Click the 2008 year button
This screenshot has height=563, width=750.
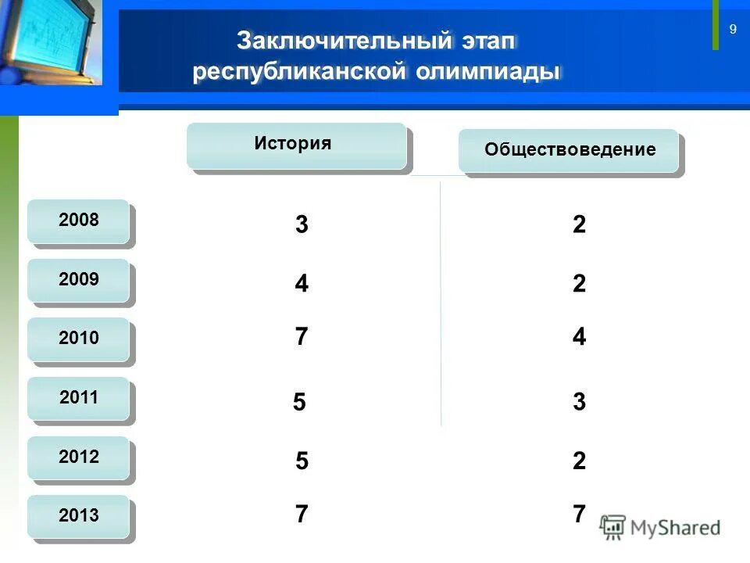tap(78, 221)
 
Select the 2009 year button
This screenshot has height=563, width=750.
tap(78, 280)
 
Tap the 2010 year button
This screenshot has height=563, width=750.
tap(78, 339)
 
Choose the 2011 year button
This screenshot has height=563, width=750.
tap(78, 398)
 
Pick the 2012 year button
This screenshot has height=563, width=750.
tap(78, 457)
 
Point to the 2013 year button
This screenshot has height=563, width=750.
tap(78, 516)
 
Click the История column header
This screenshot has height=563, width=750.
tap(295, 145)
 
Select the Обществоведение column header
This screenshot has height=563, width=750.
tap(569, 150)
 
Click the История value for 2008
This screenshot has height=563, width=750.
tap(302, 225)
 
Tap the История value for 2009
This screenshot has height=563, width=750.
tap(302, 284)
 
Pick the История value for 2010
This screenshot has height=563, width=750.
tap(302, 337)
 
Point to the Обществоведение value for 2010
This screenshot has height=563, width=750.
tap(579, 337)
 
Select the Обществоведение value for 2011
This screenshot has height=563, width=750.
tap(579, 403)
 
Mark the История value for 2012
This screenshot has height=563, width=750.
tap(302, 461)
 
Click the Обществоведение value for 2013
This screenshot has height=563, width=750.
tap(579, 515)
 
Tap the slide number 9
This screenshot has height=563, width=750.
tap(733, 30)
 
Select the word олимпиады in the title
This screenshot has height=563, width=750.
tap(488, 73)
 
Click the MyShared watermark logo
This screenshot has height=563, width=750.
tap(660, 527)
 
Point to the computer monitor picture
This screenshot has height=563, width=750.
tap(51, 43)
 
